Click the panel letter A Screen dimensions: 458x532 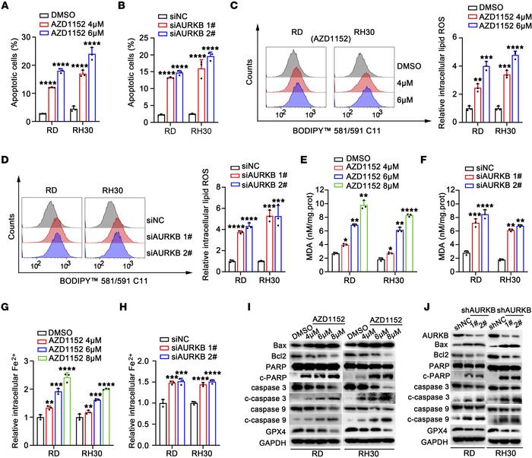(6, 6)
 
